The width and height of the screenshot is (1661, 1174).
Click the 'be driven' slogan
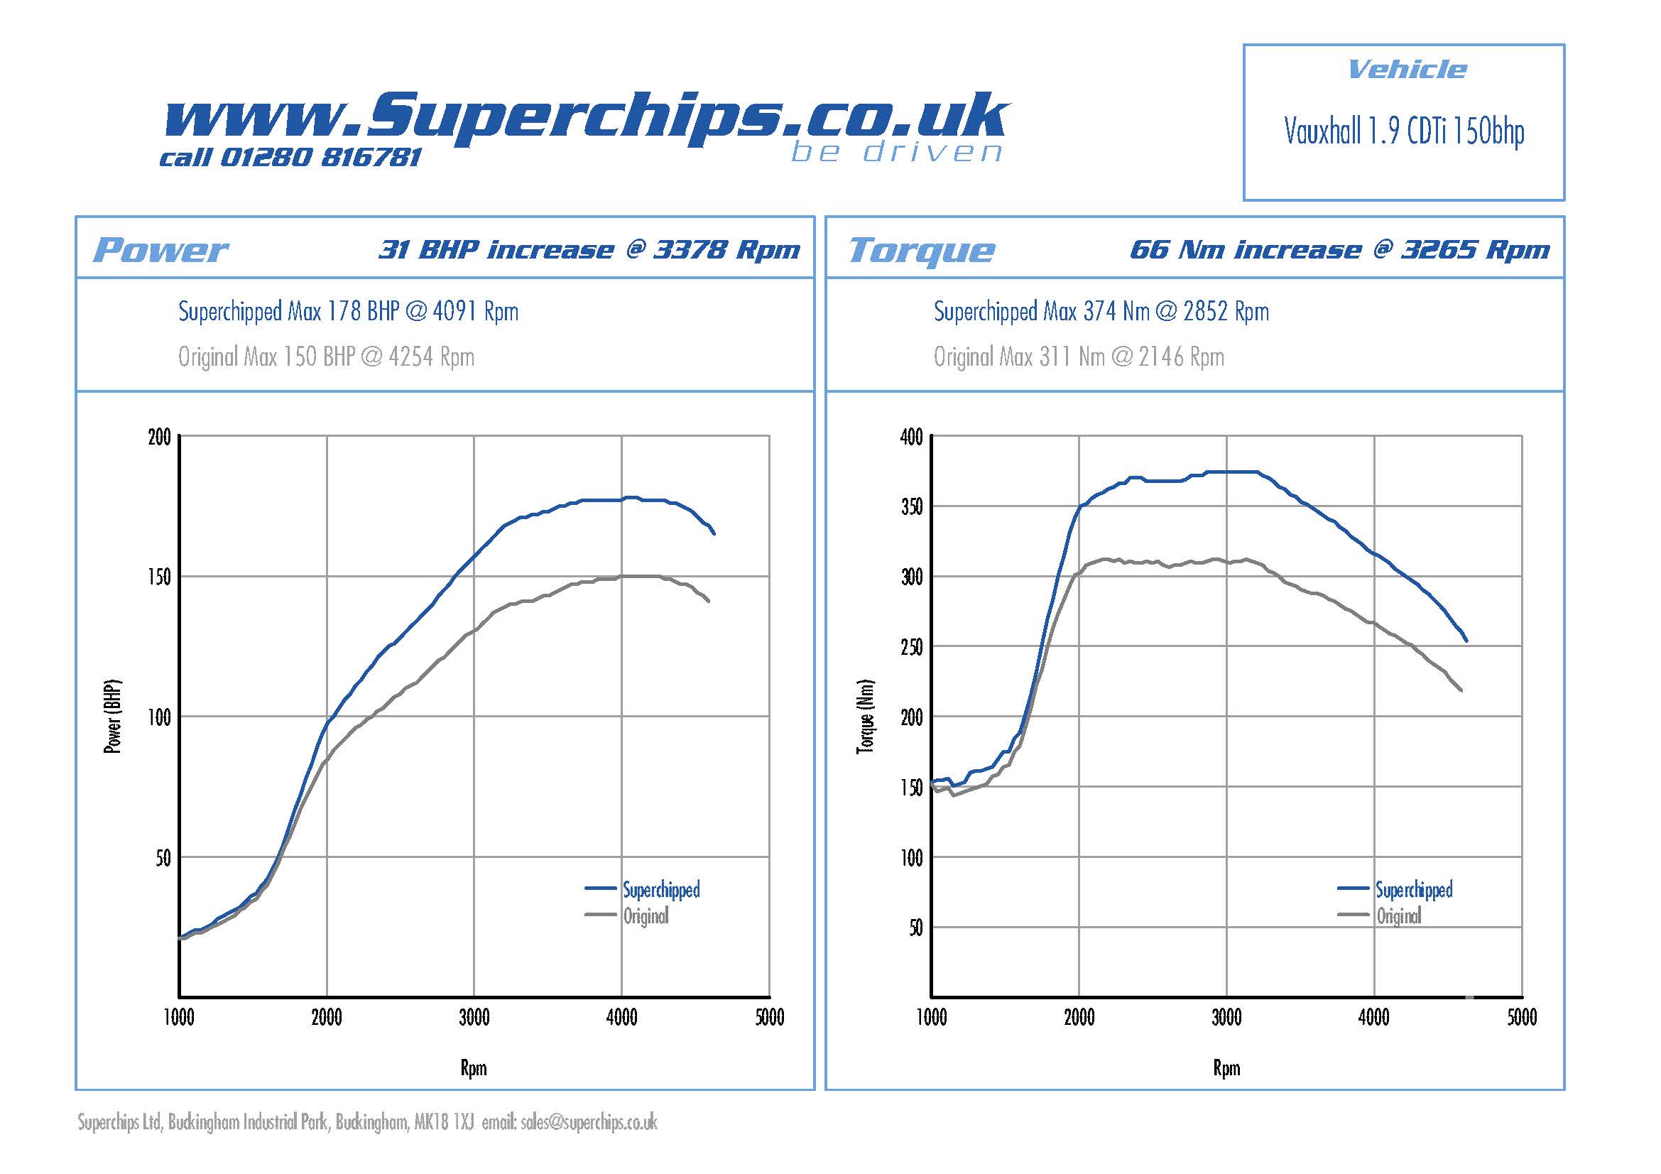[896, 152]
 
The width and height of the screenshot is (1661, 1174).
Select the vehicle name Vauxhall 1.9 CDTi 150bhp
[1403, 131]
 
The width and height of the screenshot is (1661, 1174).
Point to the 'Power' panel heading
[160, 250]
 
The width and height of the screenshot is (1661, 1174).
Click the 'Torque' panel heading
[921, 250]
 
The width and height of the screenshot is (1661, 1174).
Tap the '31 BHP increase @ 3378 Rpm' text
[589, 249]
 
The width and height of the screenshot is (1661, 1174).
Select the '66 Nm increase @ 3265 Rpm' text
[1339, 249]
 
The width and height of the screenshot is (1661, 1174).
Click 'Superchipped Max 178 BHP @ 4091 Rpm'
[348, 312]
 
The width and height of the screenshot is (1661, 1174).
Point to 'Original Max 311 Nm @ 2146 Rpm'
[1078, 357]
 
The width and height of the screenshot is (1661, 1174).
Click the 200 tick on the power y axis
[159, 437]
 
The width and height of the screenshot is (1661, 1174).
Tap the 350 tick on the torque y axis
[912, 506]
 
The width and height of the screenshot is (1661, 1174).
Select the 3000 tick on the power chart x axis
[474, 1018]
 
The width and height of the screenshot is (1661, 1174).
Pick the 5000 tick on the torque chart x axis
[1521, 1018]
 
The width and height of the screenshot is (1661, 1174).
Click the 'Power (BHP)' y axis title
[113, 716]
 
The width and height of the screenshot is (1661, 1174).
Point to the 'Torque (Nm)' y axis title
[865, 716]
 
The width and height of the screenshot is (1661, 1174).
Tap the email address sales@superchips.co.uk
[589, 1122]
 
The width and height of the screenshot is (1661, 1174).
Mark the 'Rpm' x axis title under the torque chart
[1226, 1067]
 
